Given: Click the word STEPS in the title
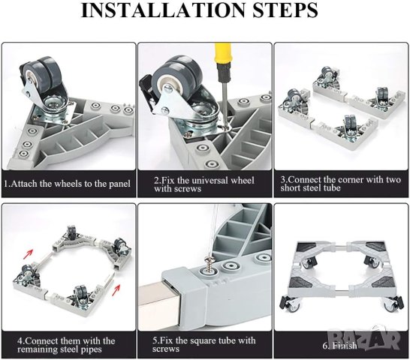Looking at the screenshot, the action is point(285,10).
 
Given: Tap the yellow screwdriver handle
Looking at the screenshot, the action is point(223,61).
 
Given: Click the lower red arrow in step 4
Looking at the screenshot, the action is point(116,289).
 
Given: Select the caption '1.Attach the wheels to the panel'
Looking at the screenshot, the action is point(67,184).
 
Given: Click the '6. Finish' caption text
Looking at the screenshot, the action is point(339,345).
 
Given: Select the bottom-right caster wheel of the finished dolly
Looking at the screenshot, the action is point(390,305).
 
